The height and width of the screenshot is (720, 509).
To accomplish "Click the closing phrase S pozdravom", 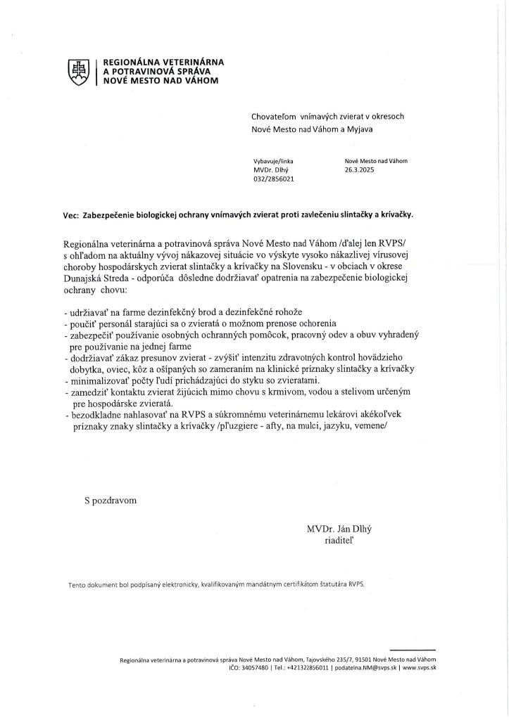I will pos(111,500).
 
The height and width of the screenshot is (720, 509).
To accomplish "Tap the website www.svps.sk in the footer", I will pos(420,667).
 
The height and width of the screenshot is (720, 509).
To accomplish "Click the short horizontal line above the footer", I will pos(413,650).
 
